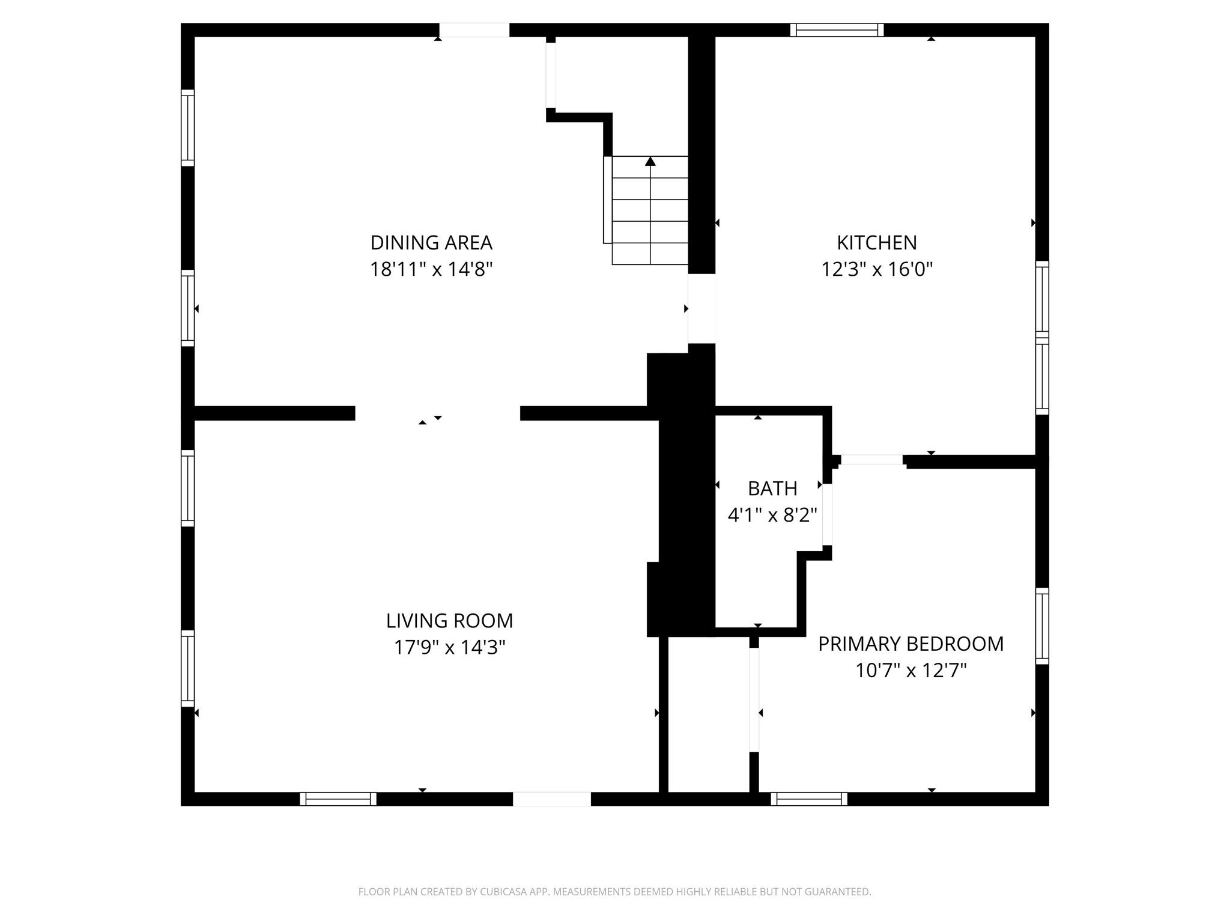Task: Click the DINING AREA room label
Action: click(431, 243)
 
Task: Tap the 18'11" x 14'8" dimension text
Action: click(431, 269)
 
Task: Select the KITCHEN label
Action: click(877, 243)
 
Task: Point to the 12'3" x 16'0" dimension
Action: click(877, 269)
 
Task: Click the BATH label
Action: click(772, 489)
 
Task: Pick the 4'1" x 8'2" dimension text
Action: click(772, 515)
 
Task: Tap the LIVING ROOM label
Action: click(449, 621)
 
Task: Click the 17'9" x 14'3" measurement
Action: click(449, 647)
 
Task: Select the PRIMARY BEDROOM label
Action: click(910, 644)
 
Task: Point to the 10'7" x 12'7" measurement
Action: click(910, 670)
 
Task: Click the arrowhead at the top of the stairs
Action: click(650, 161)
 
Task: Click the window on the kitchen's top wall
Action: click(837, 30)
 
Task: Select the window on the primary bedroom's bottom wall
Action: click(809, 799)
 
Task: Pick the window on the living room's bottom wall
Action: click(338, 799)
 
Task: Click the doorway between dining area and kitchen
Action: click(701, 308)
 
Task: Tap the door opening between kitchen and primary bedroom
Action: click(871, 460)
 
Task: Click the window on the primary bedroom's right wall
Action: click(1042, 626)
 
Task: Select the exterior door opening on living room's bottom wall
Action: click(551, 799)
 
